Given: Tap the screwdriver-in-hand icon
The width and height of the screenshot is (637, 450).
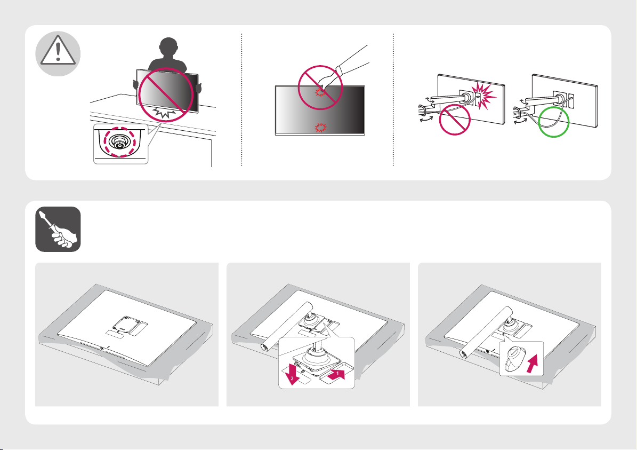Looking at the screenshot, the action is [x=58, y=229].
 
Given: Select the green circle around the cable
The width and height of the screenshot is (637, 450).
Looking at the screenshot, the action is [x=553, y=122].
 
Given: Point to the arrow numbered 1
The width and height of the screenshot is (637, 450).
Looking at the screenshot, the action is [x=338, y=374].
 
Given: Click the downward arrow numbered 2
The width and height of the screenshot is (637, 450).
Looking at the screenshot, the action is [x=292, y=374].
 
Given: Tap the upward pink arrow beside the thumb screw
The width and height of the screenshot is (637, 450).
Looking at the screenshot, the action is [x=534, y=363].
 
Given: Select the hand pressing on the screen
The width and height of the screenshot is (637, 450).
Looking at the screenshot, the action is [x=327, y=82].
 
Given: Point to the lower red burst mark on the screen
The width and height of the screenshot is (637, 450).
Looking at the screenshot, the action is [x=320, y=128].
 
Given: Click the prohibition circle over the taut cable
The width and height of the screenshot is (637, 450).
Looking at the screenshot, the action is [x=455, y=120].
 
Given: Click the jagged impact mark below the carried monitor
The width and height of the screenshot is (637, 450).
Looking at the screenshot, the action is [x=165, y=113].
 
